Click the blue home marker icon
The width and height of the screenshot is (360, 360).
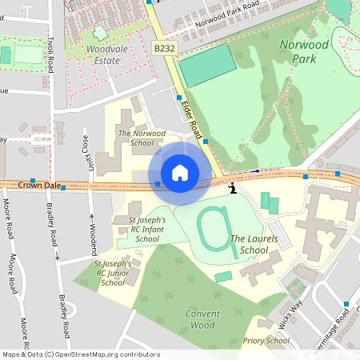click(x=180, y=173)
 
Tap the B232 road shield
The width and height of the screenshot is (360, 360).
click(x=164, y=50)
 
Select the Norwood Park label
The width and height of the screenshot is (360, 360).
click(x=304, y=52)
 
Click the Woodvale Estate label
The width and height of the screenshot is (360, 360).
click(x=102, y=54)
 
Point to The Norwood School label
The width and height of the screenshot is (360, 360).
click(x=141, y=138)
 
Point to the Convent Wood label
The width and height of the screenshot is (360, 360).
click(x=202, y=319)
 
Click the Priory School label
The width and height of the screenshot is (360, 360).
click(x=266, y=341)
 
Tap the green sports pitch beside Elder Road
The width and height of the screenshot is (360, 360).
click(x=207, y=66)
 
